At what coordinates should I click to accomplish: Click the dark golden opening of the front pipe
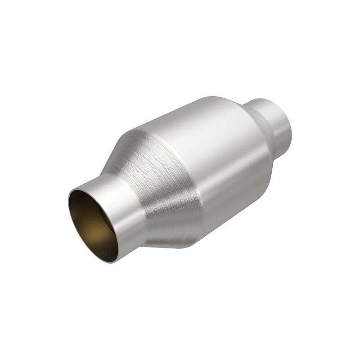point(92,225)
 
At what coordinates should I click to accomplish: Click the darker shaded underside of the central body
point(234,202)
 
